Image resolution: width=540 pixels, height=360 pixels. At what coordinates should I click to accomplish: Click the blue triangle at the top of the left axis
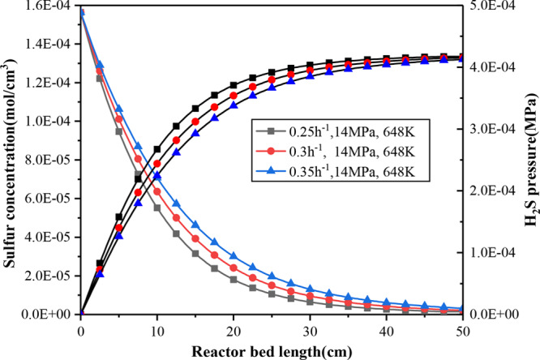pos(81,11)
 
